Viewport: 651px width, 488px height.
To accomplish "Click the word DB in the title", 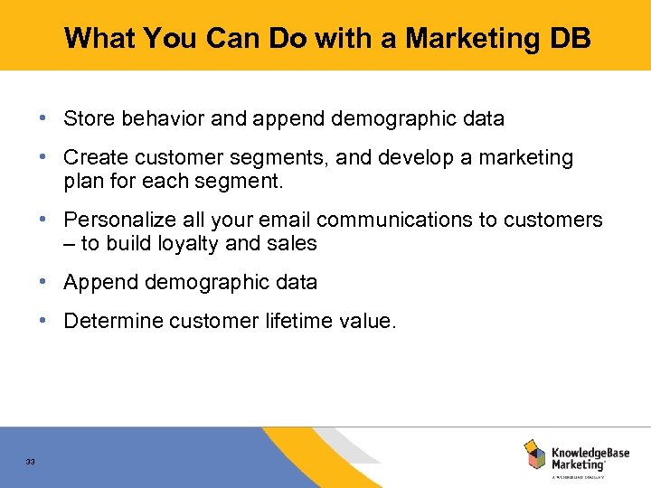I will [569, 38].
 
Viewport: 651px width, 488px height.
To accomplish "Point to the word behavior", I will [155, 118].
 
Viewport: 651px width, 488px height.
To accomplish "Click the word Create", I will [96, 158].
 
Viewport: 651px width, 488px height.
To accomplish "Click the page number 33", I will [31, 462].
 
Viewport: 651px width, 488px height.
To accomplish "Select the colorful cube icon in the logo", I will [534, 454].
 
